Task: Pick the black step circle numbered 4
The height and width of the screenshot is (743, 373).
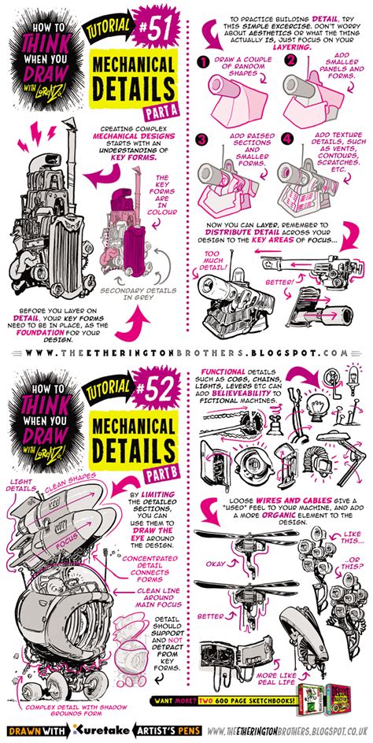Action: click(289, 139)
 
